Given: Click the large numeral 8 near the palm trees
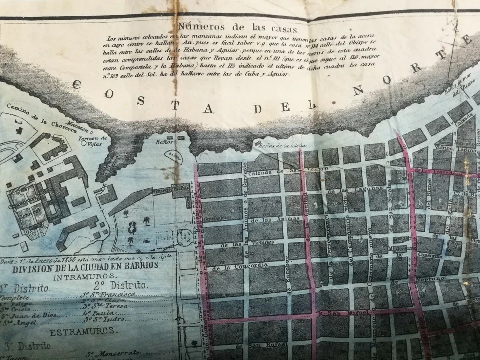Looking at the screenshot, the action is [x=132, y=228].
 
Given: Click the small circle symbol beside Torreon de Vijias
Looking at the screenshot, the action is [x=83, y=143].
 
